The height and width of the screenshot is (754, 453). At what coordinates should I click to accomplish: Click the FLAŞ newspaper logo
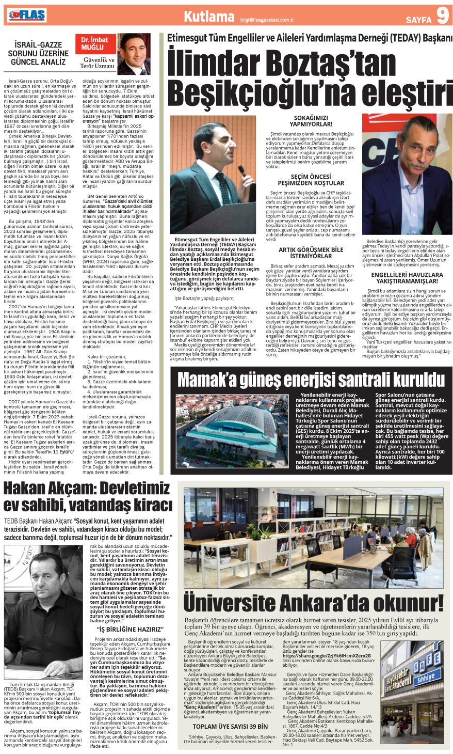coord(25,16)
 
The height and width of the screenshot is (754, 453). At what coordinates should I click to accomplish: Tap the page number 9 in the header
coord(442,16)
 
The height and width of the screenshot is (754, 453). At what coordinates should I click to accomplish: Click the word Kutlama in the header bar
coord(209,17)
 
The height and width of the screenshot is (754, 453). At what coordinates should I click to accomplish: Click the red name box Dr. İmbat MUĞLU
coord(94,44)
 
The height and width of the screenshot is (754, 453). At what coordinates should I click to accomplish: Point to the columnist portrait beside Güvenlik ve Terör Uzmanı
coord(132,55)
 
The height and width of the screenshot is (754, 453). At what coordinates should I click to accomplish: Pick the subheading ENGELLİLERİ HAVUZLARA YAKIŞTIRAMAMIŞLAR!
coord(407,278)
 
